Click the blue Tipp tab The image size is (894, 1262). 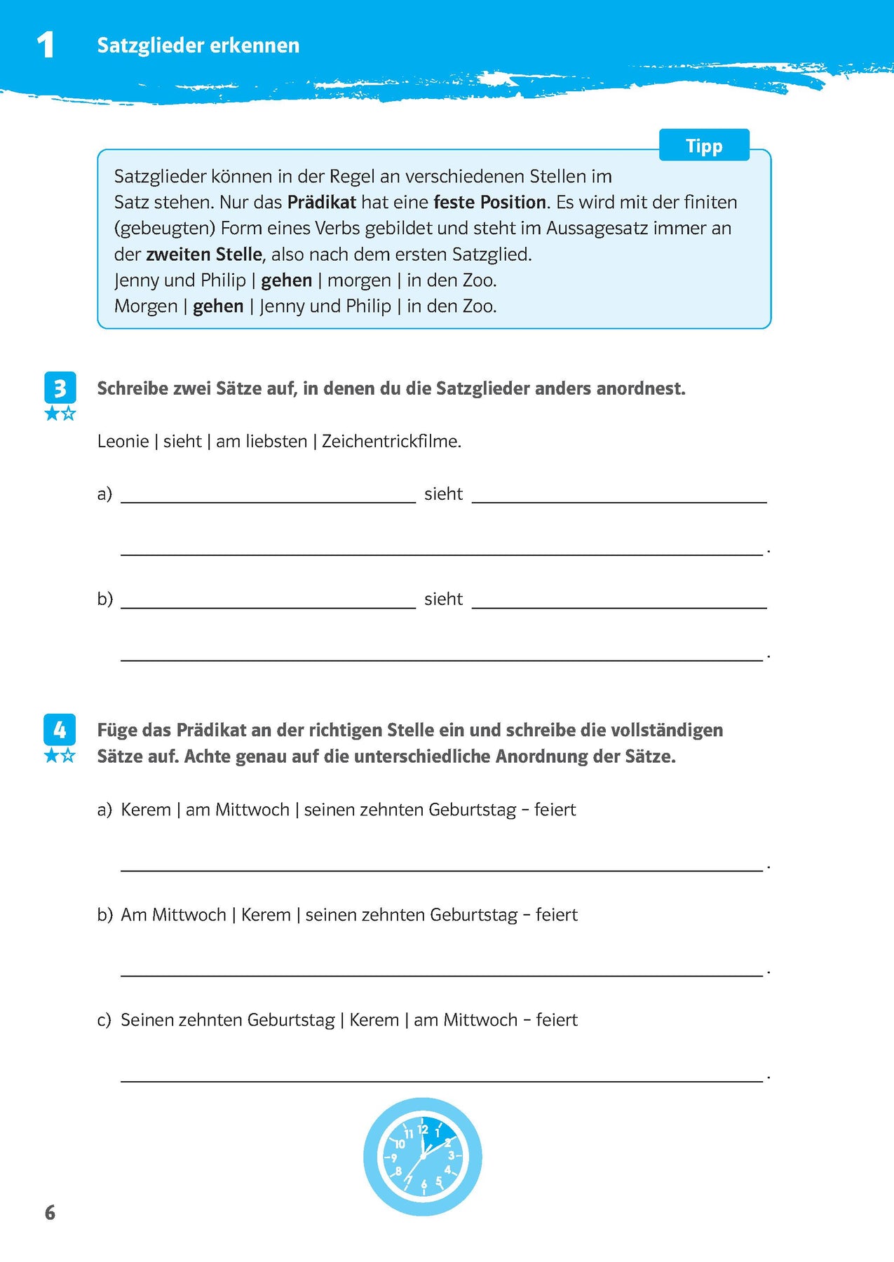point(704,146)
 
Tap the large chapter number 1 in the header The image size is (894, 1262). point(46,46)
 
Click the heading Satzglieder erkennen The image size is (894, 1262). point(198,46)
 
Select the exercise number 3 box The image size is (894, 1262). point(60,388)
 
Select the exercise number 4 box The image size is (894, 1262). point(60,730)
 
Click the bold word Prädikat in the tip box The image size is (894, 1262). point(322,203)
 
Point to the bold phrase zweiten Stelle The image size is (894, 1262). point(204,255)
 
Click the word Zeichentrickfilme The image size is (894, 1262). point(391,442)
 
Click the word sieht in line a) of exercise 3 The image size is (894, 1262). point(443,494)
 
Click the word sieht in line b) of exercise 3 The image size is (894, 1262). point(443,599)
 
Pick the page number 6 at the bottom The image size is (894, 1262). point(50,1213)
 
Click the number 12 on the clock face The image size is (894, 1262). point(422,1129)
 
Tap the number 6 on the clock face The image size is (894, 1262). point(424,1184)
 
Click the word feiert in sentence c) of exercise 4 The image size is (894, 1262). point(557,1020)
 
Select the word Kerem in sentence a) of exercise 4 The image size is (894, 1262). point(146,810)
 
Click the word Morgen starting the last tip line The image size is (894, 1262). point(146,306)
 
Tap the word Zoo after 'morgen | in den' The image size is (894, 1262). point(479,280)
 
